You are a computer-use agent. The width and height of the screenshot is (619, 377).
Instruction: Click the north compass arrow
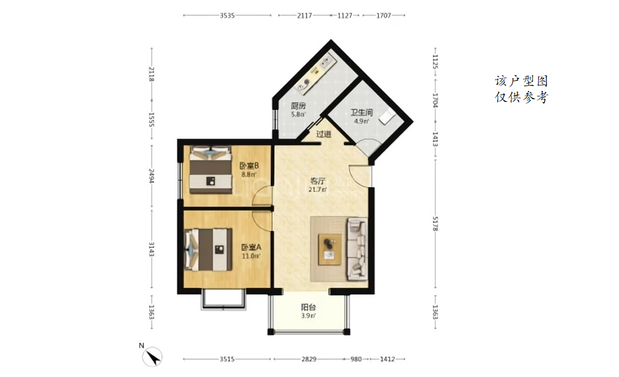(152, 357)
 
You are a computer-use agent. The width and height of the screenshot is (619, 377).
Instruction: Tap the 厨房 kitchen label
(298, 105)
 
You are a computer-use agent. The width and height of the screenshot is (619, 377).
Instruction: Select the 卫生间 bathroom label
(361, 113)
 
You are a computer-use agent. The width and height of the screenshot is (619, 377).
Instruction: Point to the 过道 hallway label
(324, 134)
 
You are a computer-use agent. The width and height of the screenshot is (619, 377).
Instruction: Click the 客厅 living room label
(318, 181)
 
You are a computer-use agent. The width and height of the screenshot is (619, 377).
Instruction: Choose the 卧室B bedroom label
(249, 166)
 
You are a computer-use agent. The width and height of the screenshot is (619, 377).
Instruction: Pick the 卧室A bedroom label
(251, 248)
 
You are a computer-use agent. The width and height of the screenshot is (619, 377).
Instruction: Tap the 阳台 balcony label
(309, 307)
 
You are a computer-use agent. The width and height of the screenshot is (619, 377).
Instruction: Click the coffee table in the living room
(330, 249)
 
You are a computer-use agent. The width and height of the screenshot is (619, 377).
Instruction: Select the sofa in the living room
(357, 249)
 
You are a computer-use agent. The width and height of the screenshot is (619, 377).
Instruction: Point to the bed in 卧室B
(210, 170)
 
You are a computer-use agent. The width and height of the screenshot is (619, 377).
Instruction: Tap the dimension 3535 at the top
(227, 16)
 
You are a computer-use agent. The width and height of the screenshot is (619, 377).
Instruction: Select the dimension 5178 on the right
(435, 223)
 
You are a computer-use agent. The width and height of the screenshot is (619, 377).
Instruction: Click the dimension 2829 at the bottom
(309, 360)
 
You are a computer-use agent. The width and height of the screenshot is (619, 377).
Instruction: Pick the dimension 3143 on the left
(151, 249)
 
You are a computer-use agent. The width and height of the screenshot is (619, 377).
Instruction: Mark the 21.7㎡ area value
(318, 190)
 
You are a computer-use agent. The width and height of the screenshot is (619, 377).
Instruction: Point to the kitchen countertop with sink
(318, 73)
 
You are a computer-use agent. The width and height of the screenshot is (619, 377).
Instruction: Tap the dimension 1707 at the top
(383, 16)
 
